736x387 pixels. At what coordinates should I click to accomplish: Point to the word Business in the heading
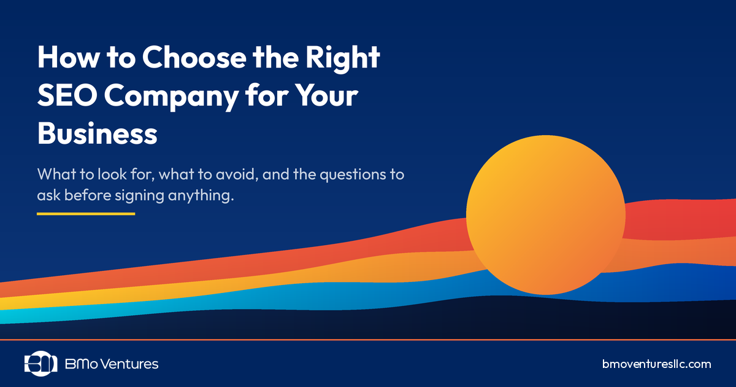click(98, 133)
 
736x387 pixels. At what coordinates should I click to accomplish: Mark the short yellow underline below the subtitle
click(85, 214)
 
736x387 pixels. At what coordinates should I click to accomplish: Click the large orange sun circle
click(545, 215)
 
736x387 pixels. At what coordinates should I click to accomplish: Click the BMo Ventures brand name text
click(112, 364)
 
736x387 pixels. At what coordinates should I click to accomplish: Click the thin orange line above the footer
click(368, 339)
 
